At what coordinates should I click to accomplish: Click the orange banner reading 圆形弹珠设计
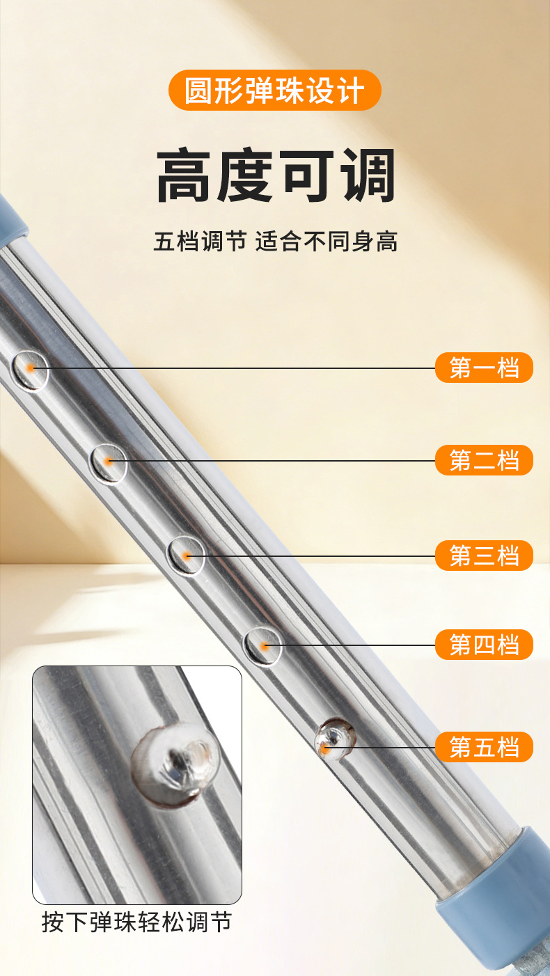click(274, 90)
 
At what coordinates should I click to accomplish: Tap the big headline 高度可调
click(276, 175)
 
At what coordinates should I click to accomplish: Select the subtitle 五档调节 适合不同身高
click(276, 242)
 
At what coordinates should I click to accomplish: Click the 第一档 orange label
click(484, 368)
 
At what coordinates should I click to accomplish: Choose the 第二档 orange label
click(484, 460)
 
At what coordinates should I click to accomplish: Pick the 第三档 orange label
click(484, 556)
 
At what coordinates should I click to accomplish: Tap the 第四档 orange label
click(484, 645)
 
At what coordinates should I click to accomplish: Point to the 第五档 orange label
click(484, 747)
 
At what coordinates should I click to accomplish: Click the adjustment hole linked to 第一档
click(31, 370)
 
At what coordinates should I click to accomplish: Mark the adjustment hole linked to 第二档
click(109, 463)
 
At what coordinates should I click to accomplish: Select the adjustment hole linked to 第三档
click(187, 556)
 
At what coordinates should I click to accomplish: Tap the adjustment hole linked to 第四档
click(262, 647)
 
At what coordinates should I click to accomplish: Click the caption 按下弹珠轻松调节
click(136, 922)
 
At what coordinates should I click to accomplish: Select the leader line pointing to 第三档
click(311, 556)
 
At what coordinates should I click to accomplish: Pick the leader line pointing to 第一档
click(233, 368)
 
